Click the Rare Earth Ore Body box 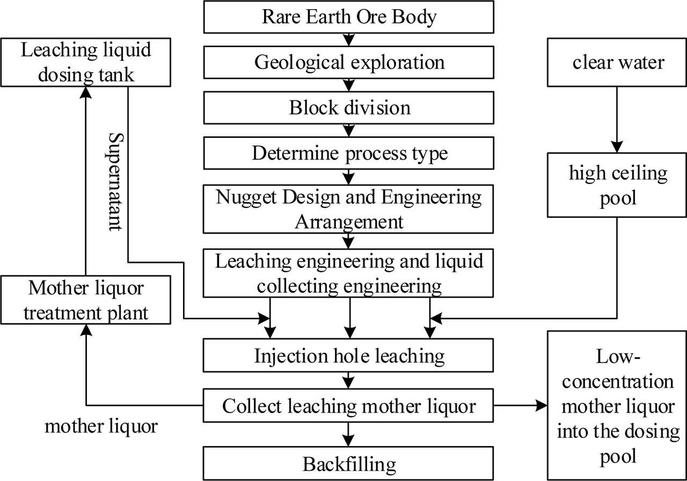coord(348,17)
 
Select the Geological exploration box coord(348,62)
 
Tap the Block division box coord(348,108)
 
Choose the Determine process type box coord(348,154)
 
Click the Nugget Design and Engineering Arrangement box coord(348,209)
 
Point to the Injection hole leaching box coord(348,355)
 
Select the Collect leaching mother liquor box coord(348,406)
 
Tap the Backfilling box coord(348,464)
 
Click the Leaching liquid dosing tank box coord(85,62)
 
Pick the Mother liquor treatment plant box coord(85,300)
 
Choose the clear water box coord(617,62)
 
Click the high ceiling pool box coord(617,185)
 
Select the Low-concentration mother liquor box coord(615,405)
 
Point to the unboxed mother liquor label coord(101,427)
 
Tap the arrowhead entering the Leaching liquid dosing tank coord(85,92)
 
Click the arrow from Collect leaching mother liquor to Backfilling coord(349,433)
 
